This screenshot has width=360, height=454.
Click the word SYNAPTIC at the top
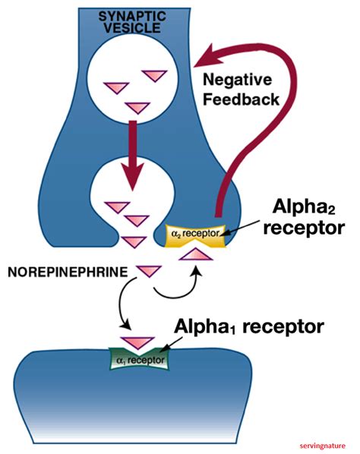tap(132, 17)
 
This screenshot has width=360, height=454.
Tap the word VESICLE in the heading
tap(132, 28)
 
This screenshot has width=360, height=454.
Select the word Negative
tap(238, 80)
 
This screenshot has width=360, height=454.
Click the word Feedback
tap(241, 99)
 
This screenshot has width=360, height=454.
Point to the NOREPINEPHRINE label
tap(68, 272)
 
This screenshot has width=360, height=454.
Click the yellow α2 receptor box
tap(195, 235)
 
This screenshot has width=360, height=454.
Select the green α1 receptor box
tap(139, 359)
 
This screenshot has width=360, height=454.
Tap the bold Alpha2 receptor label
tap(304, 217)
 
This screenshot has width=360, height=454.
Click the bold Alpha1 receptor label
tap(249, 326)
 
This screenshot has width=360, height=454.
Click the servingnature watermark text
tap(323, 446)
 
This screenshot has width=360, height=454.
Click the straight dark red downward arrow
tap(133, 156)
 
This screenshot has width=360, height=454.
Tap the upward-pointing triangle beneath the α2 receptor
tap(196, 254)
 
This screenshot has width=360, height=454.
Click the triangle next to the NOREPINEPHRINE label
tap(149, 271)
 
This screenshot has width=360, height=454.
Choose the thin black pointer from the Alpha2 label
tap(242, 228)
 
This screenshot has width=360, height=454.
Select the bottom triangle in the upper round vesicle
tap(137, 108)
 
